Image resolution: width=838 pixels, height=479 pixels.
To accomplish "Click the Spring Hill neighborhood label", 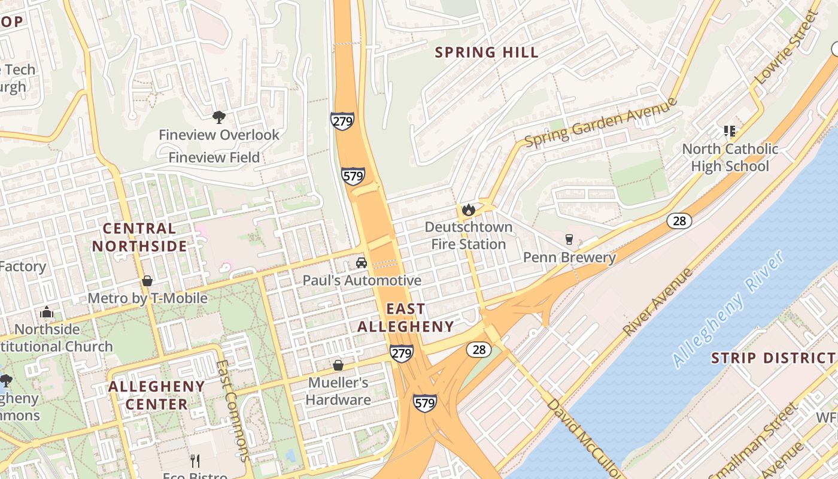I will coord(487,53).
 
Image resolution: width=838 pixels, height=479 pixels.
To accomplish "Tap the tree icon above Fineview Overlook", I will coord(219,117).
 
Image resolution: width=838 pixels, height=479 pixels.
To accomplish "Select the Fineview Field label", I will coord(214,157).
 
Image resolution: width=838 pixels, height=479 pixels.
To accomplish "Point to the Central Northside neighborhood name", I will coord(139,237).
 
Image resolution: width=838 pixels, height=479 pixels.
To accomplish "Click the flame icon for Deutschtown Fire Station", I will coord(468,210).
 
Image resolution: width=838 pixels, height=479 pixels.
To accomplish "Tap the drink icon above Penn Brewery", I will coord(569,239).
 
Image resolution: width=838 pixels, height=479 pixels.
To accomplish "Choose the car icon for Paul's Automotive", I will coord(362,263).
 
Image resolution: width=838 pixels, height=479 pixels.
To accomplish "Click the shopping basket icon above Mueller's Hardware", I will coord(338,365).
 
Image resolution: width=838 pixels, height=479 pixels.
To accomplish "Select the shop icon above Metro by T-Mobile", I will coord(147,281).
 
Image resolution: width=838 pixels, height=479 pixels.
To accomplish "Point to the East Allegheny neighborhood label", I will coord(406,318).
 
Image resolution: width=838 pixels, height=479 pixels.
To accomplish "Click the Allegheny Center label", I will coord(157,395).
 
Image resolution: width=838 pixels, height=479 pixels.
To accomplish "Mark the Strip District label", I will coord(773,359).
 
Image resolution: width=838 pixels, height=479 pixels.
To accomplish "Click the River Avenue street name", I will coord(658,302).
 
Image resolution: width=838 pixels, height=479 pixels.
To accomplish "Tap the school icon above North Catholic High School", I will coord(729,131).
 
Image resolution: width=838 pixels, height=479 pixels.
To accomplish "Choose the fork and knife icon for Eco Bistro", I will coord(195,460).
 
